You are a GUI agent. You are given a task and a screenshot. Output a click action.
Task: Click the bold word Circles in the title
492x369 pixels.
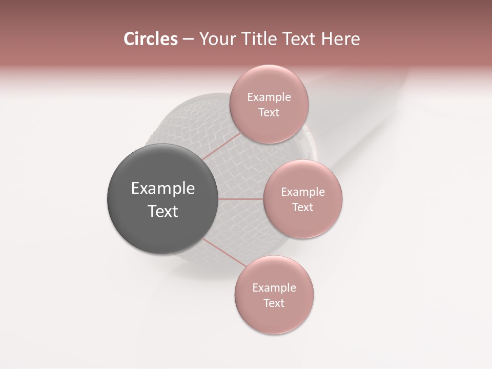[150, 39]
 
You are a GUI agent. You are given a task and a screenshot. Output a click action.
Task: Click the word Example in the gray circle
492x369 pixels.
[163, 189]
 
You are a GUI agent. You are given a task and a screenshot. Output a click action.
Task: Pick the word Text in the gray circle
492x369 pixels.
[163, 211]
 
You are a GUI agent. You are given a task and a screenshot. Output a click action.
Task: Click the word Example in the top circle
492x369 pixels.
[269, 97]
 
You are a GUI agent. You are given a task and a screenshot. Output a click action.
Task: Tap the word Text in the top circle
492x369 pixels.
[269, 113]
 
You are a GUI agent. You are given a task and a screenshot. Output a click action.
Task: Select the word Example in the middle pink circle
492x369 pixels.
[303, 192]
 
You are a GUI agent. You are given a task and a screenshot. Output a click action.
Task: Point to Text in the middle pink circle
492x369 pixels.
[303, 208]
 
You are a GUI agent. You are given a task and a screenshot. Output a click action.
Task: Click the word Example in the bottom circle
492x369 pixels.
[274, 288]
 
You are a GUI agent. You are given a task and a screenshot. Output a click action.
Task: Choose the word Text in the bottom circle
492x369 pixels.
[274, 303]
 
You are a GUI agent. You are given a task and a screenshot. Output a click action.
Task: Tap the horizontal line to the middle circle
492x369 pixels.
[241, 199]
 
